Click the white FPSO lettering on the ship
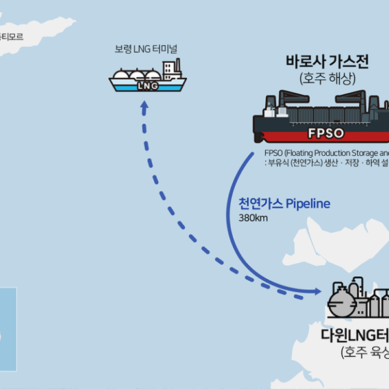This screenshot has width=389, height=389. click(x=326, y=134)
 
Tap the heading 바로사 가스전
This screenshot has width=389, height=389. click(x=327, y=62)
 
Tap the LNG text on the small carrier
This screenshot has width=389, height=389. click(x=148, y=86)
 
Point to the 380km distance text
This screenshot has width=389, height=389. click(x=253, y=218)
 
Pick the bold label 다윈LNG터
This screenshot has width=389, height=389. click(x=354, y=335)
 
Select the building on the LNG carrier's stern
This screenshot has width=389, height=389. click(x=171, y=69)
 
